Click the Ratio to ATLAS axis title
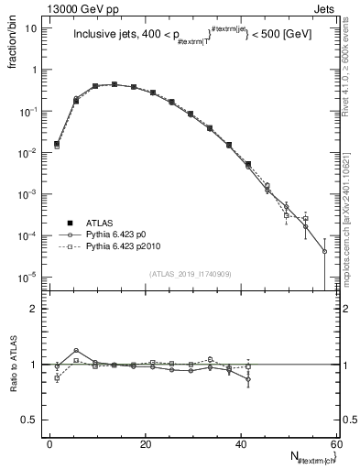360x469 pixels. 12,365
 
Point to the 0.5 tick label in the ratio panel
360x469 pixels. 30,420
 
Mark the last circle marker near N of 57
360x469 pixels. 324,251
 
